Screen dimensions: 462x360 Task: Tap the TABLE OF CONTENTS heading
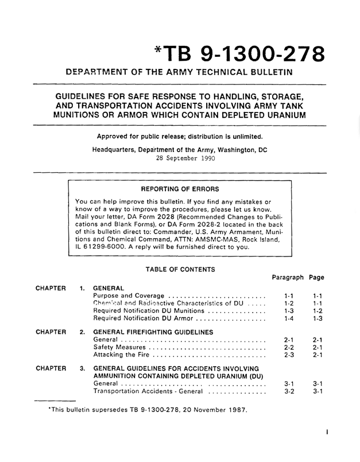tap(180, 269)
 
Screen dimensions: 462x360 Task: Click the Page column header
tap(316, 277)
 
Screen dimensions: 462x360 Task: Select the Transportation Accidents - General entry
tap(148, 424)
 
